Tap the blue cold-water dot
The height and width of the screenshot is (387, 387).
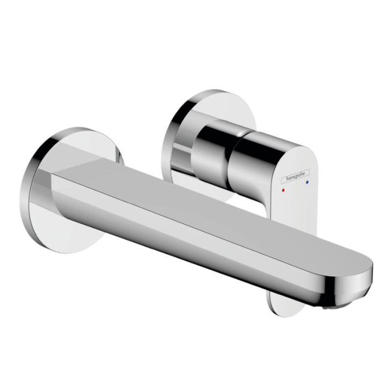tap(307, 184)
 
